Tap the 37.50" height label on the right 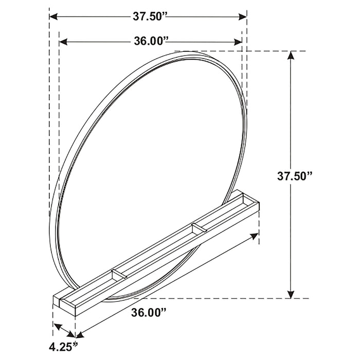(x=295, y=176)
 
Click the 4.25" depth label (x=64, y=345)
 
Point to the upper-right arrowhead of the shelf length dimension (x=255, y=236)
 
